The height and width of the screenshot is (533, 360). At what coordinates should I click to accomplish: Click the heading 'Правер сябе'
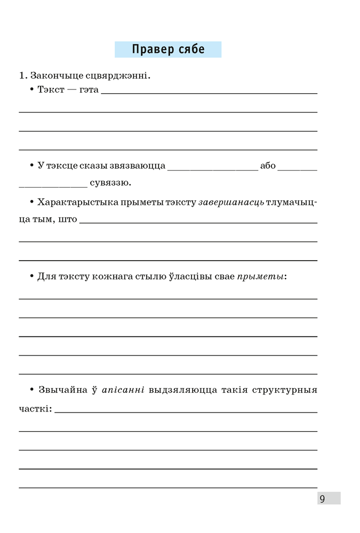coord(168,50)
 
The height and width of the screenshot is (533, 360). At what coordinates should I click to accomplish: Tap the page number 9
coord(322,499)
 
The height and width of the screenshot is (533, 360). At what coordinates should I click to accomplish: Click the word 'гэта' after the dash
coord(89,90)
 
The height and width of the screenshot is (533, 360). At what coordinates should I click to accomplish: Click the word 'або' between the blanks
coord(268,165)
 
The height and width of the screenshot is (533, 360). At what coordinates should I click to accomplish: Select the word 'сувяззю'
coord(110,183)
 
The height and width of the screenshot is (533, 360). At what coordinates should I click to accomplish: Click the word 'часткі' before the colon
coord(34,409)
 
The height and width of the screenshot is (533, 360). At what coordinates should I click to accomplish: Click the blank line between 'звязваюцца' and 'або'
coord(212,168)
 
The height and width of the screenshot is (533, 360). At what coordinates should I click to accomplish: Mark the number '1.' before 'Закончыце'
coord(23,76)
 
